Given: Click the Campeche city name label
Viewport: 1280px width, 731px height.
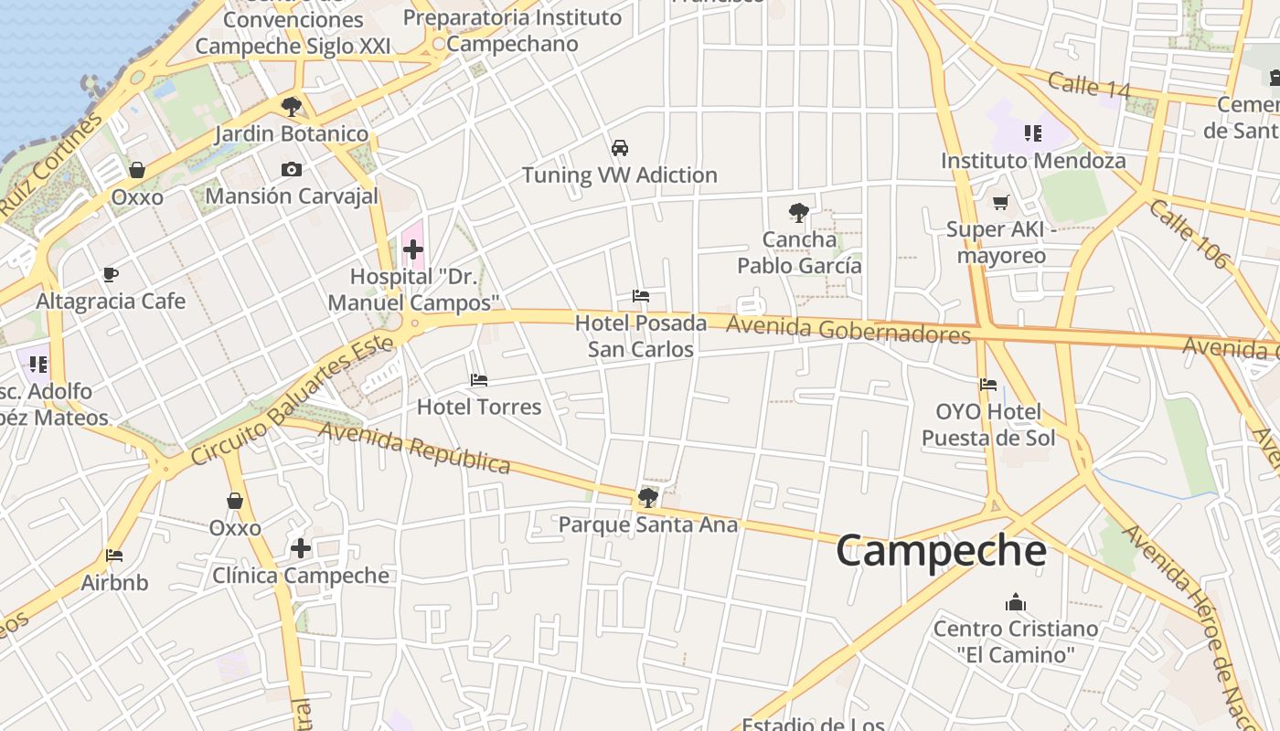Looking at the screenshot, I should (941, 551).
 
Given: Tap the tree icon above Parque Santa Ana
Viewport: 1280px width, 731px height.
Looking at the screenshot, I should (647, 498).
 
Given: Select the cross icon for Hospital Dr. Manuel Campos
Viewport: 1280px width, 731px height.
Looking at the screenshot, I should (412, 249).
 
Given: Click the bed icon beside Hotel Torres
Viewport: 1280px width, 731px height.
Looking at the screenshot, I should (478, 380).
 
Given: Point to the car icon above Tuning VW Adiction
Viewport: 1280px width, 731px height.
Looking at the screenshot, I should (620, 148).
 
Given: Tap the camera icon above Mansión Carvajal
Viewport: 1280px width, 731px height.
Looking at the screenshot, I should (292, 169).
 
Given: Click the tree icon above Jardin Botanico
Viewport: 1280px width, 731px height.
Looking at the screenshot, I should (292, 107).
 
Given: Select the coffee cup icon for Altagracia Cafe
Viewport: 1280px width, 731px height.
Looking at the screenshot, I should (111, 274).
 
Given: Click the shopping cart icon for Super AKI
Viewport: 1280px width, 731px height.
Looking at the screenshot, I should (1001, 202).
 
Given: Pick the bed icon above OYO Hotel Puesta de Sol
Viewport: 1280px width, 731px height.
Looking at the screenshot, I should (987, 385).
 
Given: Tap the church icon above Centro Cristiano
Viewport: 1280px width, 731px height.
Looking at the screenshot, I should (1015, 602).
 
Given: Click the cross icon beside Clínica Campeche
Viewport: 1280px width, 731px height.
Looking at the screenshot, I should (301, 548).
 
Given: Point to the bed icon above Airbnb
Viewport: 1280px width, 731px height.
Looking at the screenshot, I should (114, 556).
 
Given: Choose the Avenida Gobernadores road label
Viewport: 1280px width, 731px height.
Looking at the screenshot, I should (848, 330).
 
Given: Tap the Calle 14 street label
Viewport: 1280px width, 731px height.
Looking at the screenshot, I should (1089, 85).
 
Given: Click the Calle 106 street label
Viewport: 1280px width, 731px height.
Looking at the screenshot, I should (1189, 234).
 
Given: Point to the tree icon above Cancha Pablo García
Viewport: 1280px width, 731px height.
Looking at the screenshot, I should (799, 213).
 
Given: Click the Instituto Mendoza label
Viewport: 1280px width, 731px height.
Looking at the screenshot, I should (1033, 161).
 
